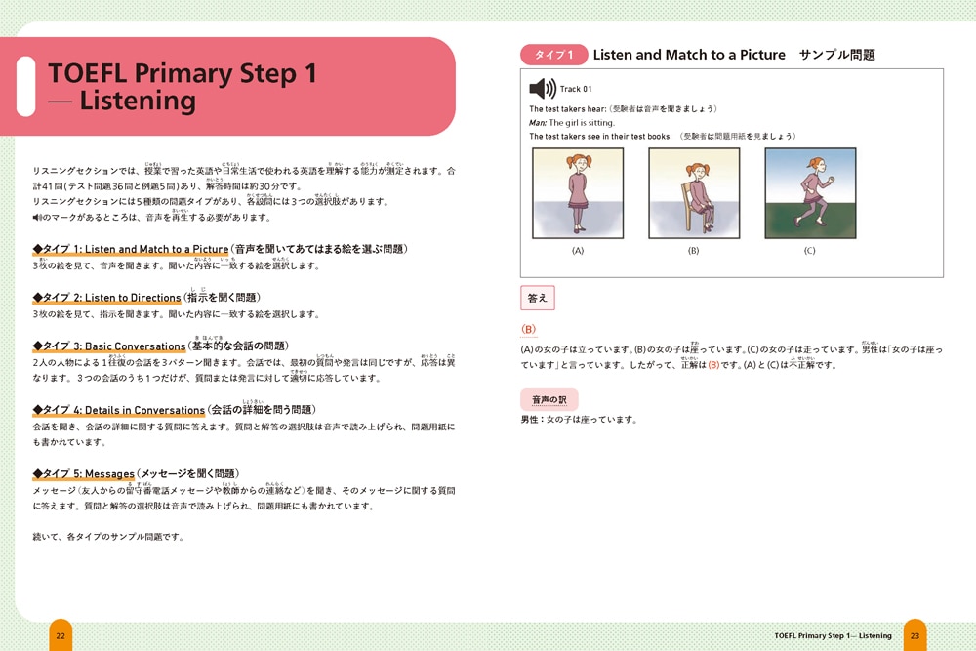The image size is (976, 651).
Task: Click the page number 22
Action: point(61,635)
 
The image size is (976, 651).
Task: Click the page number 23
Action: point(915,635)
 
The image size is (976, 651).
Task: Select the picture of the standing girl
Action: point(577,193)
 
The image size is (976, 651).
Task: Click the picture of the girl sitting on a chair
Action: point(693,193)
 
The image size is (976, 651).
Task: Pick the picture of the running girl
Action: point(809,193)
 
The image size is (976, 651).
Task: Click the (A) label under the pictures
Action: point(577,251)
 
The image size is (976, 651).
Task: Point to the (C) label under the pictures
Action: point(809,251)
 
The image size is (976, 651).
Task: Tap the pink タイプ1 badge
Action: point(553,55)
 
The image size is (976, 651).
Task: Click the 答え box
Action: point(538,298)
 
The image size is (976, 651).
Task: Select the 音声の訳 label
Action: point(549,399)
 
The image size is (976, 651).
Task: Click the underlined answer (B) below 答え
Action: point(529,330)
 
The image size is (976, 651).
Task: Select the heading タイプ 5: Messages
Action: point(84,474)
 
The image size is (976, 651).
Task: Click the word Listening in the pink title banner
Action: point(137,101)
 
